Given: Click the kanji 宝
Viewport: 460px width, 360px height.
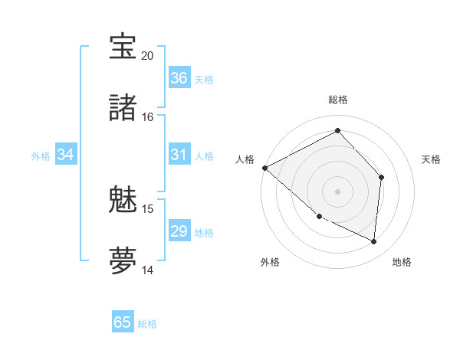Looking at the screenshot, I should [123, 47].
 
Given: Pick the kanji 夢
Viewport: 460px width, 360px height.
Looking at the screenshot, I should [123, 260].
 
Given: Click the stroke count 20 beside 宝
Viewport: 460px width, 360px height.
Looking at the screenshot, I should [148, 56].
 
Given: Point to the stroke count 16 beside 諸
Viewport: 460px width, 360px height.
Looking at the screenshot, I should [148, 117].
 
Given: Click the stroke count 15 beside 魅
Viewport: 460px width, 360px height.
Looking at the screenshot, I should [148, 209].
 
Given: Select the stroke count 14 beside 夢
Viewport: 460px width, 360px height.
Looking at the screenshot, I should [148, 270].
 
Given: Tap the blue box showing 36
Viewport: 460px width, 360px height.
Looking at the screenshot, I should [179, 78].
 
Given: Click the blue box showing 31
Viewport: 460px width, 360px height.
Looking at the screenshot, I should [179, 155].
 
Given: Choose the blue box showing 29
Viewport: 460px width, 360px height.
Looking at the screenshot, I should [179, 231].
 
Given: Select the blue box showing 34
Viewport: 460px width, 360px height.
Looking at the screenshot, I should [66, 155].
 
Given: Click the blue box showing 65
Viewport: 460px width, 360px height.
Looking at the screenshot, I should [123, 322].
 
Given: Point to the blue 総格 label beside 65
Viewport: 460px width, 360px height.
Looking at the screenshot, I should [148, 324].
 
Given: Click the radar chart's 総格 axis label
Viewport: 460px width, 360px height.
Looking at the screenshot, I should [338, 100].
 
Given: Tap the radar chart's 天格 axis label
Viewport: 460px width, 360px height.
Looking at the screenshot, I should [432, 159].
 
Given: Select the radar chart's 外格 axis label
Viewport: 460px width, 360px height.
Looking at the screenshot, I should [270, 262].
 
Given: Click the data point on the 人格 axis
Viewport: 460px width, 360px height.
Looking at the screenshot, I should [264, 168].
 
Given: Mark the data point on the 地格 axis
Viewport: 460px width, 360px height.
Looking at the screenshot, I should [373, 241].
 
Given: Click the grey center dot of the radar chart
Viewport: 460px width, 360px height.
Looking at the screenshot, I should [337, 191].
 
